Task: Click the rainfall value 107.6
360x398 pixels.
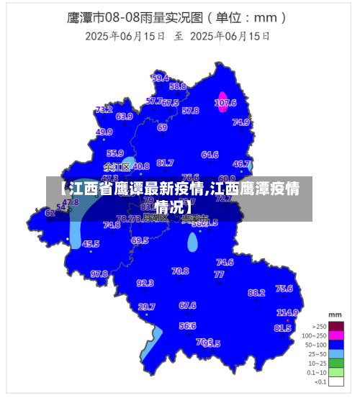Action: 225,103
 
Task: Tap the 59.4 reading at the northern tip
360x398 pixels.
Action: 161,78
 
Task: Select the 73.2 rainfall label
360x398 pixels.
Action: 104,110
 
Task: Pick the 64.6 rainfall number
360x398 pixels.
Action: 210,155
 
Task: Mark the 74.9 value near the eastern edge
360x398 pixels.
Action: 241,122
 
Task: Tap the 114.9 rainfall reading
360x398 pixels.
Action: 287,313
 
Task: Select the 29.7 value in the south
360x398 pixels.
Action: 146,307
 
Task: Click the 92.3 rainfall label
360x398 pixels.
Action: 145,284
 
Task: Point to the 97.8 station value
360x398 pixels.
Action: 99,274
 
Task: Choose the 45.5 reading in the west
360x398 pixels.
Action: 91,245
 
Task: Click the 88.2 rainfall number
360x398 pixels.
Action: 256,293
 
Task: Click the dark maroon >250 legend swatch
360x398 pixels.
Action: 336,326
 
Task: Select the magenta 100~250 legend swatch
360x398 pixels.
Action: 336,335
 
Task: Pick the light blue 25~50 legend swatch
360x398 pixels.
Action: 336,353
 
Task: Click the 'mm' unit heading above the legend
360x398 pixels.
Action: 335,315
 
